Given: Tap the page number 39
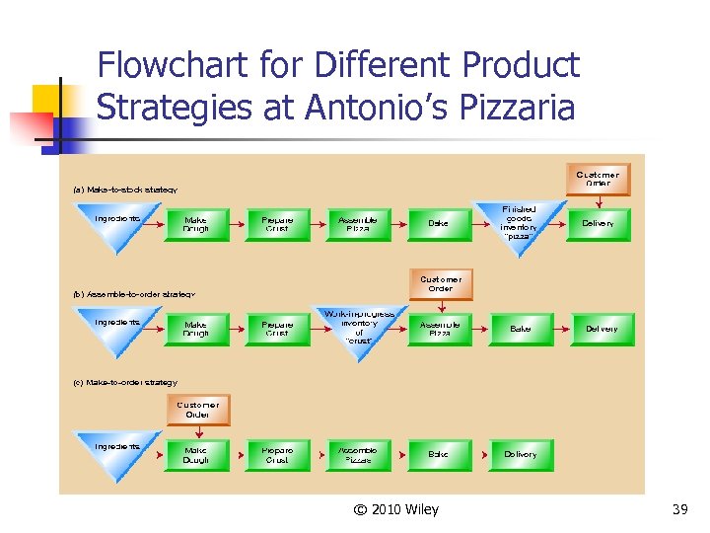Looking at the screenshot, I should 678,509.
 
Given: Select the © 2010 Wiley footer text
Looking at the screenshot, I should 393,509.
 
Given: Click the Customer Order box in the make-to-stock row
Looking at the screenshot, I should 598,179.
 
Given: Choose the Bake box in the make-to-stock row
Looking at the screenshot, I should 439,224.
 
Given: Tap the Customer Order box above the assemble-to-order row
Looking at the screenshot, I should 440,284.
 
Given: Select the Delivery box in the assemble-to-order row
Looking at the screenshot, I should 601,329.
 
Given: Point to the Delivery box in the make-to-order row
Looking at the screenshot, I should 521,455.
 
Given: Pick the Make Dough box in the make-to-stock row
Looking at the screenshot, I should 195,224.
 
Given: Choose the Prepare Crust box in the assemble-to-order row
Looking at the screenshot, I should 277,329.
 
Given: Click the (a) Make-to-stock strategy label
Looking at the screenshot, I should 125,190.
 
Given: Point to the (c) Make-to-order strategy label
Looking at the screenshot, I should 125,382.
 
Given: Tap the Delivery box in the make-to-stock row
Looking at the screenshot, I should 598,224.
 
